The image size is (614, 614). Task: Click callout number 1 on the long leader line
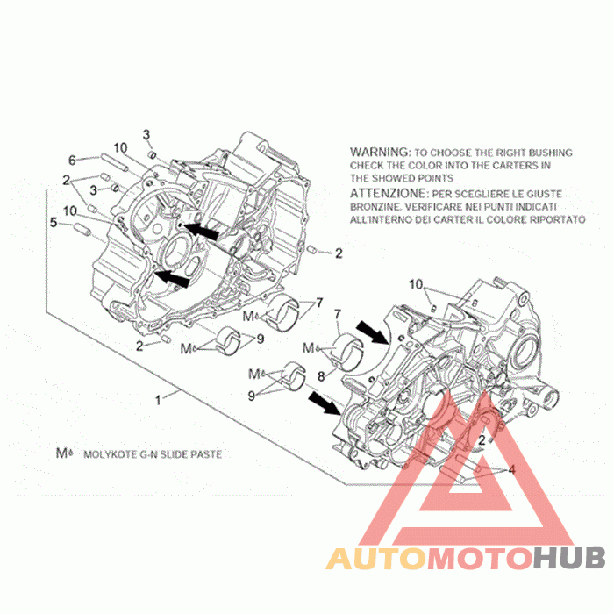(158, 400)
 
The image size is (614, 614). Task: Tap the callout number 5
(54, 223)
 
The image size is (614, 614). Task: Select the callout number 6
(72, 160)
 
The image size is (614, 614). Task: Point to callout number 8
(321, 376)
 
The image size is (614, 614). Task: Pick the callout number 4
(511, 468)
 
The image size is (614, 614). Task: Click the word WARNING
(379, 152)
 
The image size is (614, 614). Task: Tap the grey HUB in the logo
(569, 559)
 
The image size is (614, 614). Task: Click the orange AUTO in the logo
(376, 559)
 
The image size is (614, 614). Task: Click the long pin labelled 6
(114, 162)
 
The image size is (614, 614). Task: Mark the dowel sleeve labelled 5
(82, 230)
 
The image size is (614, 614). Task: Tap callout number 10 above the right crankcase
(416, 284)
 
